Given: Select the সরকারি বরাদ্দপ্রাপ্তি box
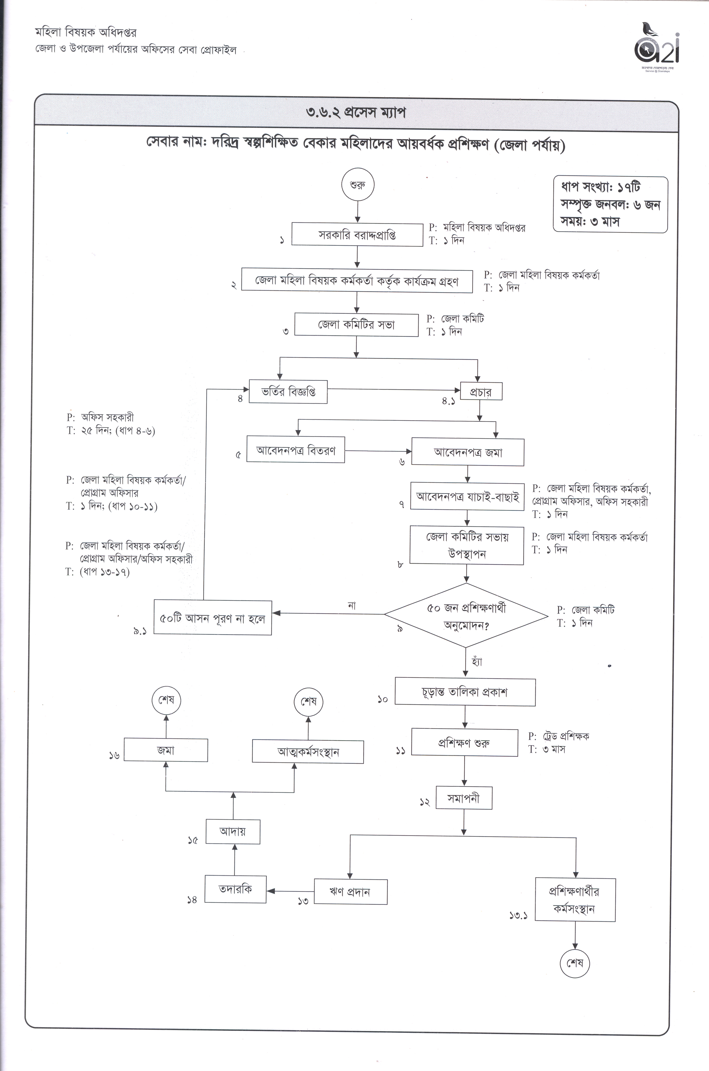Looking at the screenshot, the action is [x=357, y=234].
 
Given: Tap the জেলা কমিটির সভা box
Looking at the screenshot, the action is [x=356, y=325].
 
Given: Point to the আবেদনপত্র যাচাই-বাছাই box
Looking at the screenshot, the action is [x=467, y=496].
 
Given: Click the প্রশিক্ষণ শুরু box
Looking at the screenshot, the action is [x=464, y=742].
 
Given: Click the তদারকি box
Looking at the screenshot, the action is [x=235, y=889].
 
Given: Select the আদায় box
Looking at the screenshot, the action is [x=233, y=831].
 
